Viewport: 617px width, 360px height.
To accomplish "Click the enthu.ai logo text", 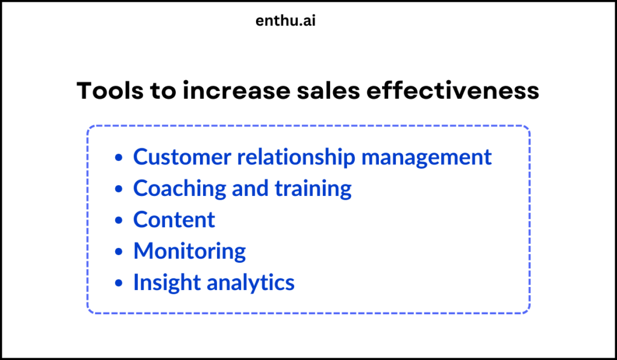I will tap(286, 21).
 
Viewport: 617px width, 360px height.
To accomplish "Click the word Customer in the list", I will tap(181, 157).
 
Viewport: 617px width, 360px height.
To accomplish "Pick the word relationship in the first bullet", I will tap(296, 157).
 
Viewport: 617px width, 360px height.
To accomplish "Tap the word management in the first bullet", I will tap(427, 157).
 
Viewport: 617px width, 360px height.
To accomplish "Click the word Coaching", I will tap(178, 189).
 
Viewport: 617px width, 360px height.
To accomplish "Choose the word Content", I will tap(174, 220).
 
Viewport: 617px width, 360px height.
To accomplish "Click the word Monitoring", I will tap(189, 251).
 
